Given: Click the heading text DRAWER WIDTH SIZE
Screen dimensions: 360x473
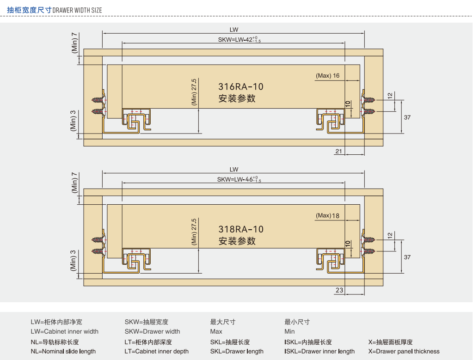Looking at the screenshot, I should (x=78, y=10).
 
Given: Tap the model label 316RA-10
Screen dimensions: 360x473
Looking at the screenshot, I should (x=241, y=87).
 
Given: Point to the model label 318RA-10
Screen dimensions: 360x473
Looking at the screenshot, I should (x=241, y=229).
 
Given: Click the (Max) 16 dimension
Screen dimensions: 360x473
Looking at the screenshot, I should (x=328, y=76).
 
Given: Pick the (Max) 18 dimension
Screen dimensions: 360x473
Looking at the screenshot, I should (x=328, y=215).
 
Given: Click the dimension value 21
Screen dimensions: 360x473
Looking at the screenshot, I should (x=339, y=151).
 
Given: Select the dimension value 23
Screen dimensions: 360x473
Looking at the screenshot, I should (x=339, y=290).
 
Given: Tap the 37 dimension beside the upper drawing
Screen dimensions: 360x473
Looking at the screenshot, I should (x=407, y=117).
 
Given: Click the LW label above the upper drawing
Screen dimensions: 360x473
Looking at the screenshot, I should (x=234, y=30).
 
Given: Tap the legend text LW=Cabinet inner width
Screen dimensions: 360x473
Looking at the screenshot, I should (x=65, y=331).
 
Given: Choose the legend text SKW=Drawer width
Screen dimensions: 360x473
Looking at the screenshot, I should (x=152, y=331).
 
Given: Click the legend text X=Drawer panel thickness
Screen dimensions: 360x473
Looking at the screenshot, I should (x=404, y=351).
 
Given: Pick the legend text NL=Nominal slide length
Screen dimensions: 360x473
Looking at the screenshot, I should (x=63, y=351).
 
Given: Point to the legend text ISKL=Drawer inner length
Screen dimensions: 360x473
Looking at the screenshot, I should (x=319, y=351).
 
